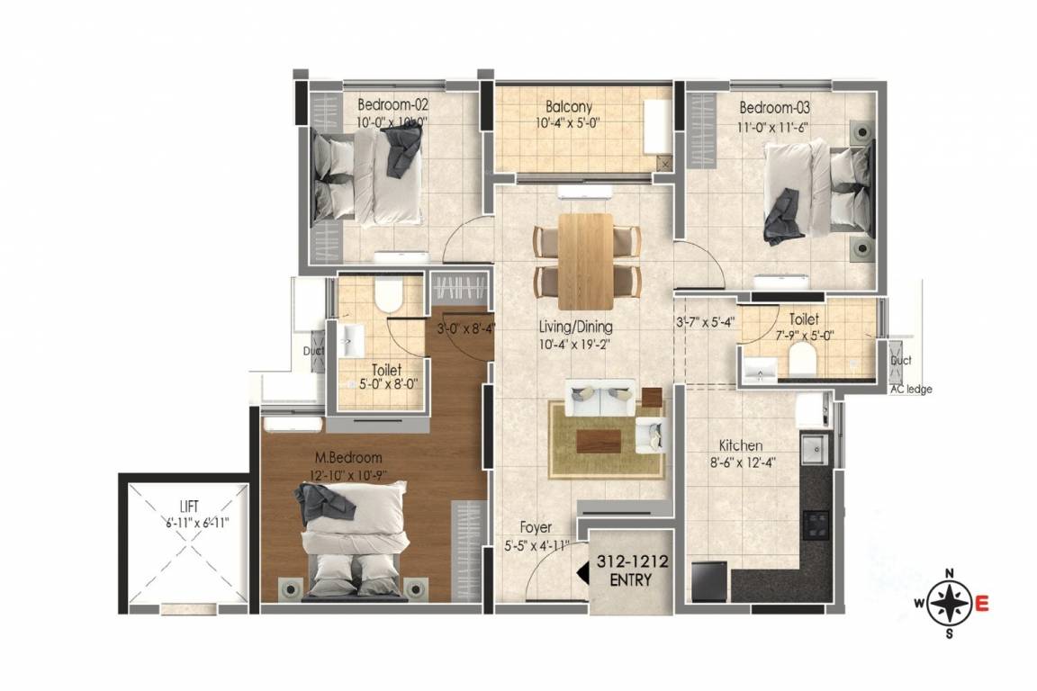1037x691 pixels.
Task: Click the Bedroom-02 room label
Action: [x=392, y=103]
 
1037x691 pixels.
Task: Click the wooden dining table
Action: [x=586, y=258]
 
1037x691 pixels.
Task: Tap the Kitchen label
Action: [x=741, y=445]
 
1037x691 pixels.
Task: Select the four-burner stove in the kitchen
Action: [x=816, y=523]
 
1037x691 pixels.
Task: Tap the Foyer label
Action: [x=536, y=527]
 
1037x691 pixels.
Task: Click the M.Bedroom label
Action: [x=348, y=457]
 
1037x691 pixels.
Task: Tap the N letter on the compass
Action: [x=949, y=573]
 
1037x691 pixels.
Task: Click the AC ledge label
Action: [x=910, y=390]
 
